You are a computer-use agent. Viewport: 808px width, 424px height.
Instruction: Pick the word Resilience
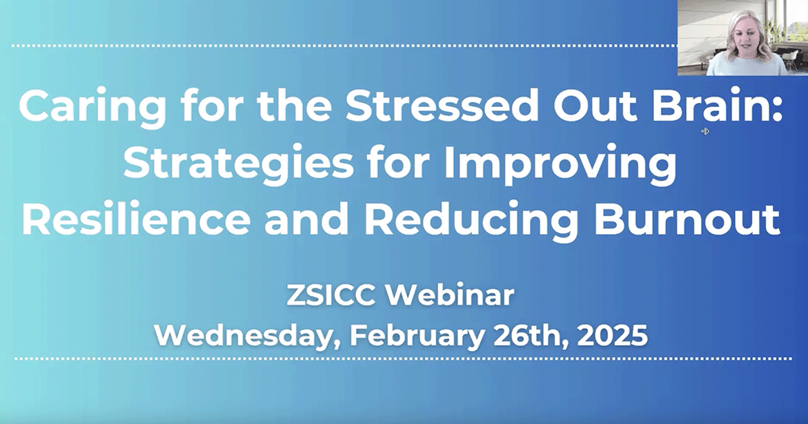click(136, 218)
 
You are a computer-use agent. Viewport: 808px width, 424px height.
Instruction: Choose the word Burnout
click(687, 218)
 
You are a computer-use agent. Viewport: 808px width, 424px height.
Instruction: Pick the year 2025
click(612, 336)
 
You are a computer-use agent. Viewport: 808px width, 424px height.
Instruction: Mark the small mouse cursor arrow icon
click(705, 131)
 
